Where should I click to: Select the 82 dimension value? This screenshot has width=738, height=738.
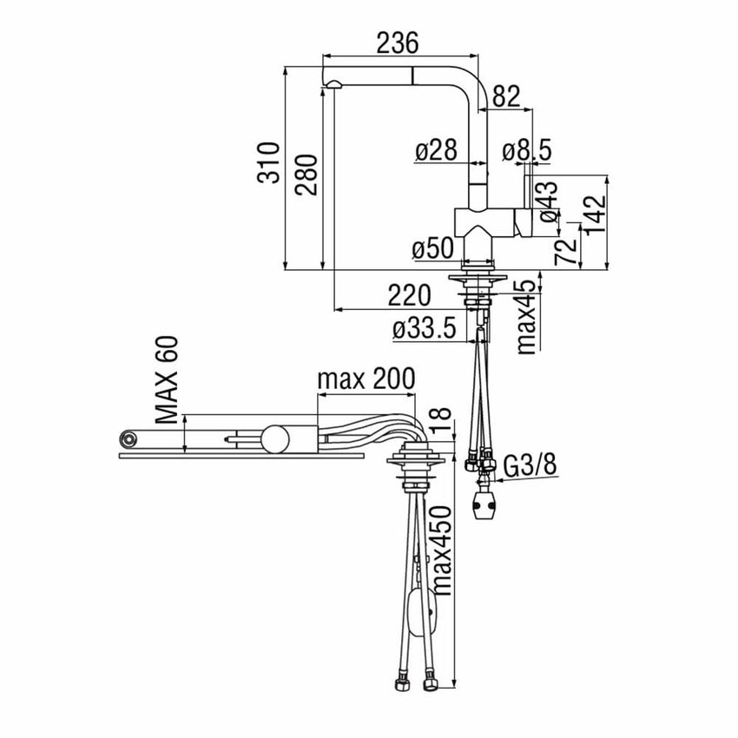click(507, 97)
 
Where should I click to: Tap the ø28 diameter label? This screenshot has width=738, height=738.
click(436, 151)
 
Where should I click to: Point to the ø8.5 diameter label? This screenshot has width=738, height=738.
click(527, 151)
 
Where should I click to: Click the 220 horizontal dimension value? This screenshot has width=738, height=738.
click(408, 295)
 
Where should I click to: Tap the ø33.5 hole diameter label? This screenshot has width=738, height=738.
click(425, 328)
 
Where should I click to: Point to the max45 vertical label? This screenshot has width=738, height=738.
click(527, 317)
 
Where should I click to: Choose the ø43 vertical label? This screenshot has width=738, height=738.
click(549, 201)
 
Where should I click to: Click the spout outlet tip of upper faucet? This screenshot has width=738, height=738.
click(333, 82)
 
